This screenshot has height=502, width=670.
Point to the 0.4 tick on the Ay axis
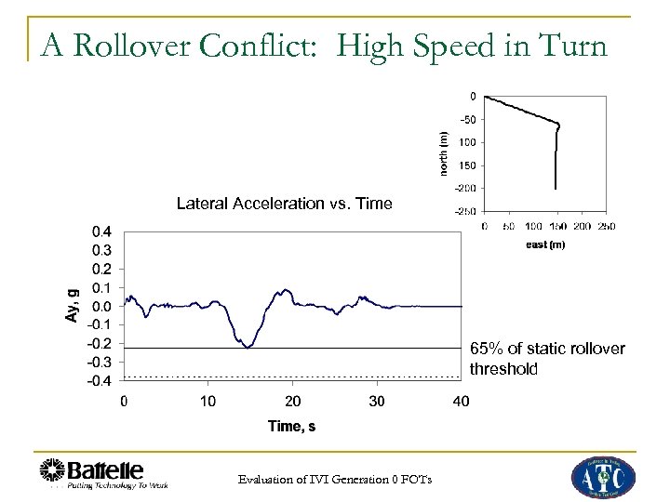point(102,231)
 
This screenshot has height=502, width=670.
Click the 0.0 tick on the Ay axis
point(102,306)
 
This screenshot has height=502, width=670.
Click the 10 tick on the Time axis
point(208,402)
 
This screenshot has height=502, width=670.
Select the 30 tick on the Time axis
point(377,402)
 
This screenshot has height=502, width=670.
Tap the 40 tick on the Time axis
point(461,402)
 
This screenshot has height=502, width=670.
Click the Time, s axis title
point(291,426)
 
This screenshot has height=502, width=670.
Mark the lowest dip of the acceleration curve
point(247,347)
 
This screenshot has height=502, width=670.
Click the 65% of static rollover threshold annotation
point(546,358)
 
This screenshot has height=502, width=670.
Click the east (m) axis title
point(545,244)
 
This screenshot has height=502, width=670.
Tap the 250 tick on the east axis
point(605,226)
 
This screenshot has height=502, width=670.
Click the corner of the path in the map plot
point(558,125)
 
